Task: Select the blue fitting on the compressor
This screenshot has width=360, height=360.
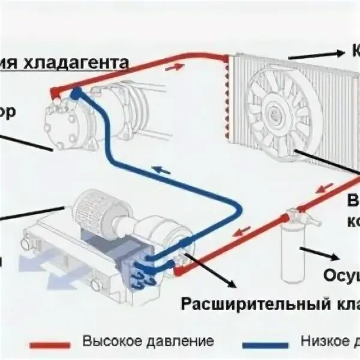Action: [x=76, y=94]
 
